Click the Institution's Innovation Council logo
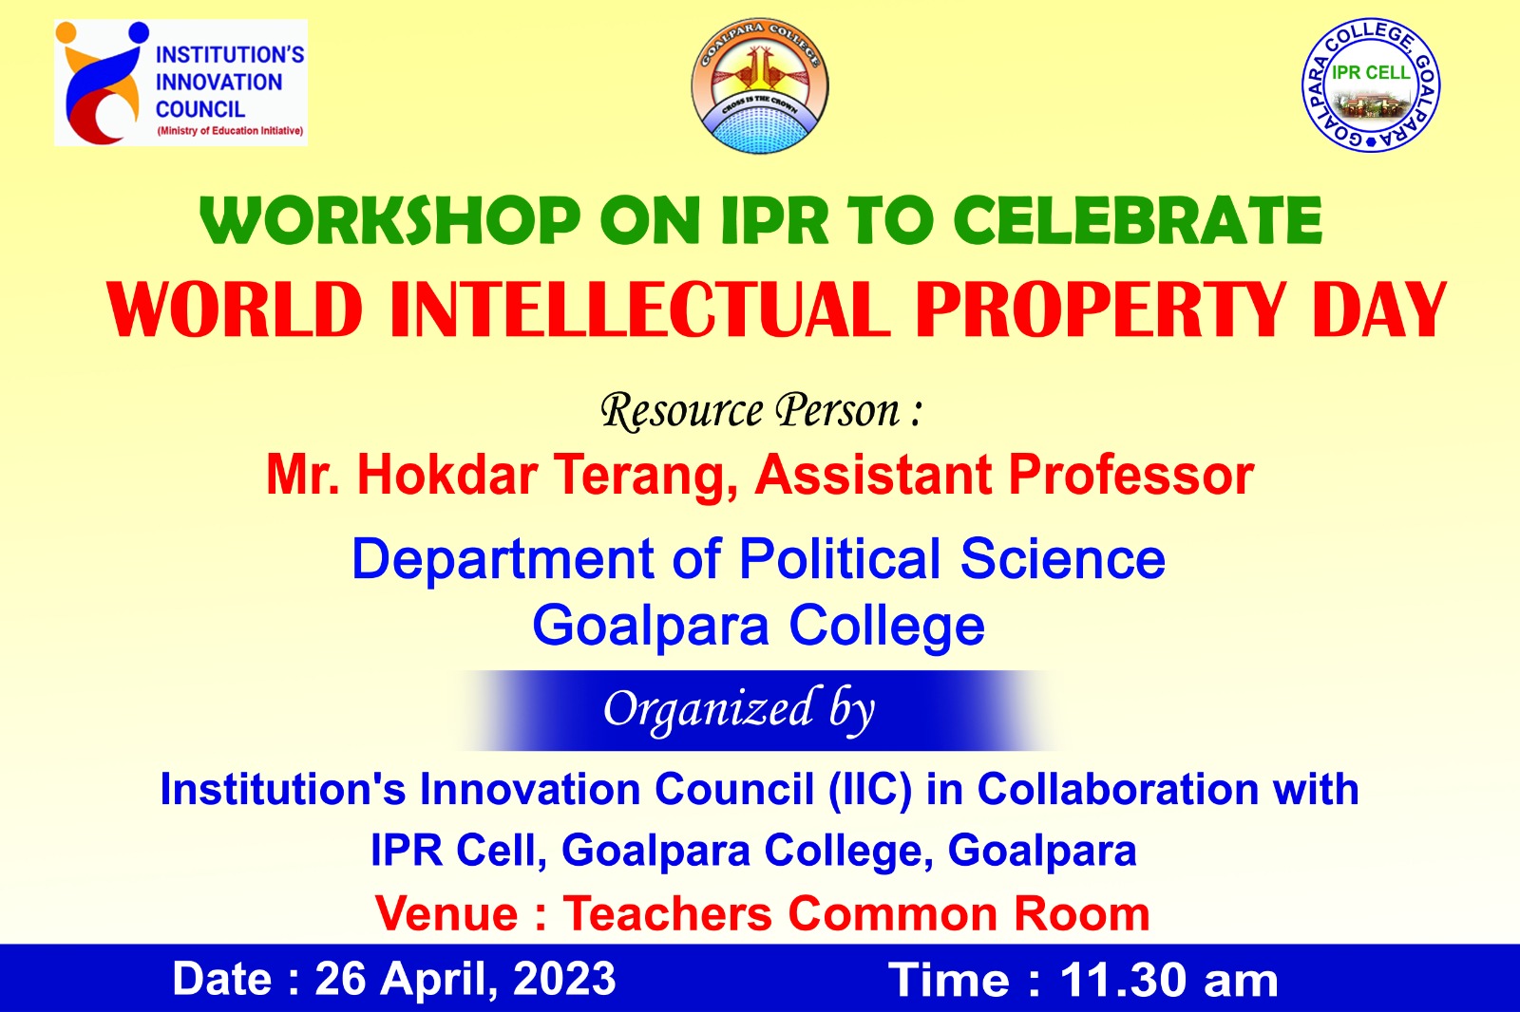[x=180, y=83]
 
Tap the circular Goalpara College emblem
[x=759, y=85]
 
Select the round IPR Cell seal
[x=1371, y=84]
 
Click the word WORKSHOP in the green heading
[x=390, y=219]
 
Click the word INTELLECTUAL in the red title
[x=639, y=309]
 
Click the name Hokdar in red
[x=447, y=474]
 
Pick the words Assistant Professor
[x=1004, y=474]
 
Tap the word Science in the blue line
[x=1063, y=559]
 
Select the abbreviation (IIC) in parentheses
[x=870, y=790]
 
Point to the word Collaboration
[x=1117, y=790]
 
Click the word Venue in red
[x=447, y=913]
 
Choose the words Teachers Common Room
[x=856, y=913]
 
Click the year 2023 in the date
[x=564, y=980]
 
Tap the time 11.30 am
[x=1168, y=981]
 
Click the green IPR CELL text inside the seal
[x=1371, y=72]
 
